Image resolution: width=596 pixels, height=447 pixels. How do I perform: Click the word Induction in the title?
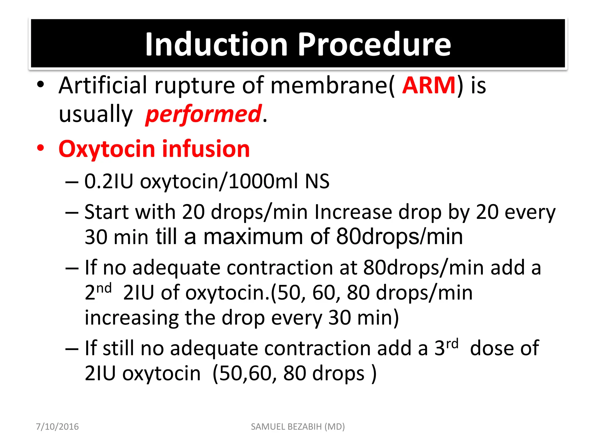217,44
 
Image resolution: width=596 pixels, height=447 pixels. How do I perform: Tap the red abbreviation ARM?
429,85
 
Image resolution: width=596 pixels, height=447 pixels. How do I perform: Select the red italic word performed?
203,114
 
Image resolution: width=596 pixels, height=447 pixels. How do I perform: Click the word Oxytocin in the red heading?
107,149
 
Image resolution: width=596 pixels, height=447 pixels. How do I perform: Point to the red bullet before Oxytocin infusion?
40,148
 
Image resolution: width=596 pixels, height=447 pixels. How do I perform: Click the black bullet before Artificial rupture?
40,85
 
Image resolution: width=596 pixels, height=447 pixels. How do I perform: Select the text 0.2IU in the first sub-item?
108,181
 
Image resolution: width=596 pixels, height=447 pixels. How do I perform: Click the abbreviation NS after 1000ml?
317,181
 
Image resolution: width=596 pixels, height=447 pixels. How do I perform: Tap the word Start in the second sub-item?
106,212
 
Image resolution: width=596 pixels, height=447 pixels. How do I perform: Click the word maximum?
253,237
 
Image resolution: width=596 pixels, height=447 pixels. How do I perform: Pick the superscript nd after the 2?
104,288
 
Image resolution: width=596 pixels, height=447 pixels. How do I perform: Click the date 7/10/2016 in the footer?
57,427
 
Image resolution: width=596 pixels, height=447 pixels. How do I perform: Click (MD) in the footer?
335,427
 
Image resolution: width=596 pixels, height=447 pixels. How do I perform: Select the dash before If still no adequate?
72,349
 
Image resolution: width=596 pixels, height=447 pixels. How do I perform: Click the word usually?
95,114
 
